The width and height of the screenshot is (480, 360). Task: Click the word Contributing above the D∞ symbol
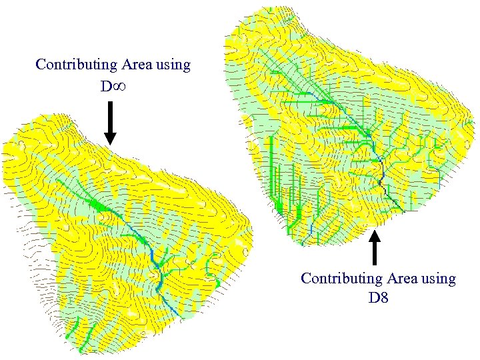76,65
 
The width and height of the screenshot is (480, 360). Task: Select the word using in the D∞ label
173,66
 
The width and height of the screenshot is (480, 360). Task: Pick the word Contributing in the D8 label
341,279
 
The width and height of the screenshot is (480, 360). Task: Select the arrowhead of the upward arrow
375,235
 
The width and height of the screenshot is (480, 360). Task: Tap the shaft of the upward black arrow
375,253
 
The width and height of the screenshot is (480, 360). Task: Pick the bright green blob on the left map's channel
100,206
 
